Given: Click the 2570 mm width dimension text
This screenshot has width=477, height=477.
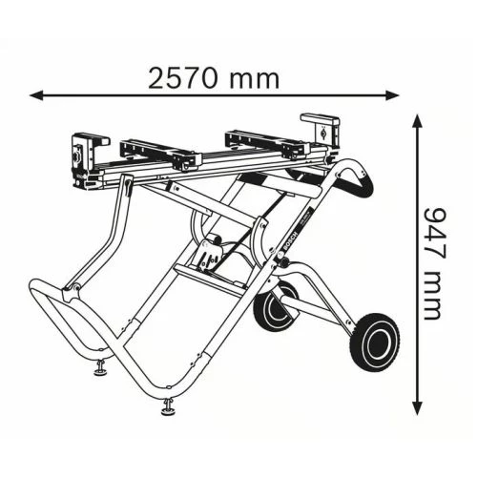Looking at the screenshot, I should (x=214, y=78).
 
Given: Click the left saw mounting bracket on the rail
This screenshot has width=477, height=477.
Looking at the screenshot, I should (x=157, y=152).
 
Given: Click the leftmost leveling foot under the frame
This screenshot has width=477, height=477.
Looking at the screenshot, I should (x=100, y=367).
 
